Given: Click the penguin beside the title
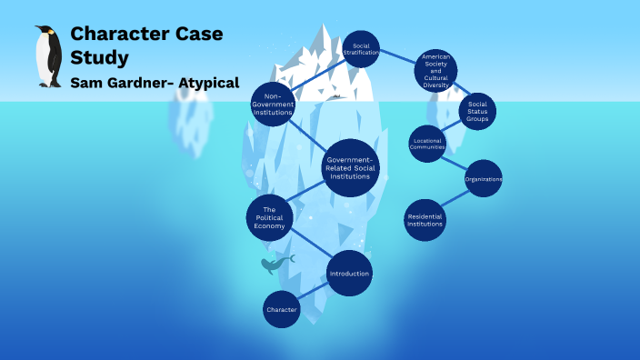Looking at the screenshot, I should pyautogui.click(x=47, y=56).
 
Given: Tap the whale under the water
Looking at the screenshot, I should pyautogui.click(x=275, y=263).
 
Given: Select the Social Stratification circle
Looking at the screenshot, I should pyautogui.click(x=361, y=49).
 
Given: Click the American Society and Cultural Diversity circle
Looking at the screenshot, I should pyautogui.click(x=435, y=71).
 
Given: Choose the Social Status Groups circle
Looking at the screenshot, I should pyautogui.click(x=477, y=112).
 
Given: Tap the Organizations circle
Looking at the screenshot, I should pyautogui.click(x=484, y=179).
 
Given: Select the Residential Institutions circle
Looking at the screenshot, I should pyautogui.click(x=425, y=218).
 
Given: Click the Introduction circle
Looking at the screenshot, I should pyautogui.click(x=349, y=273).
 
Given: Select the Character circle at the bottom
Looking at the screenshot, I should pyautogui.click(x=282, y=310).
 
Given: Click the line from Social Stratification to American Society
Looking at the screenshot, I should pyautogui.click(x=396, y=59).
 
